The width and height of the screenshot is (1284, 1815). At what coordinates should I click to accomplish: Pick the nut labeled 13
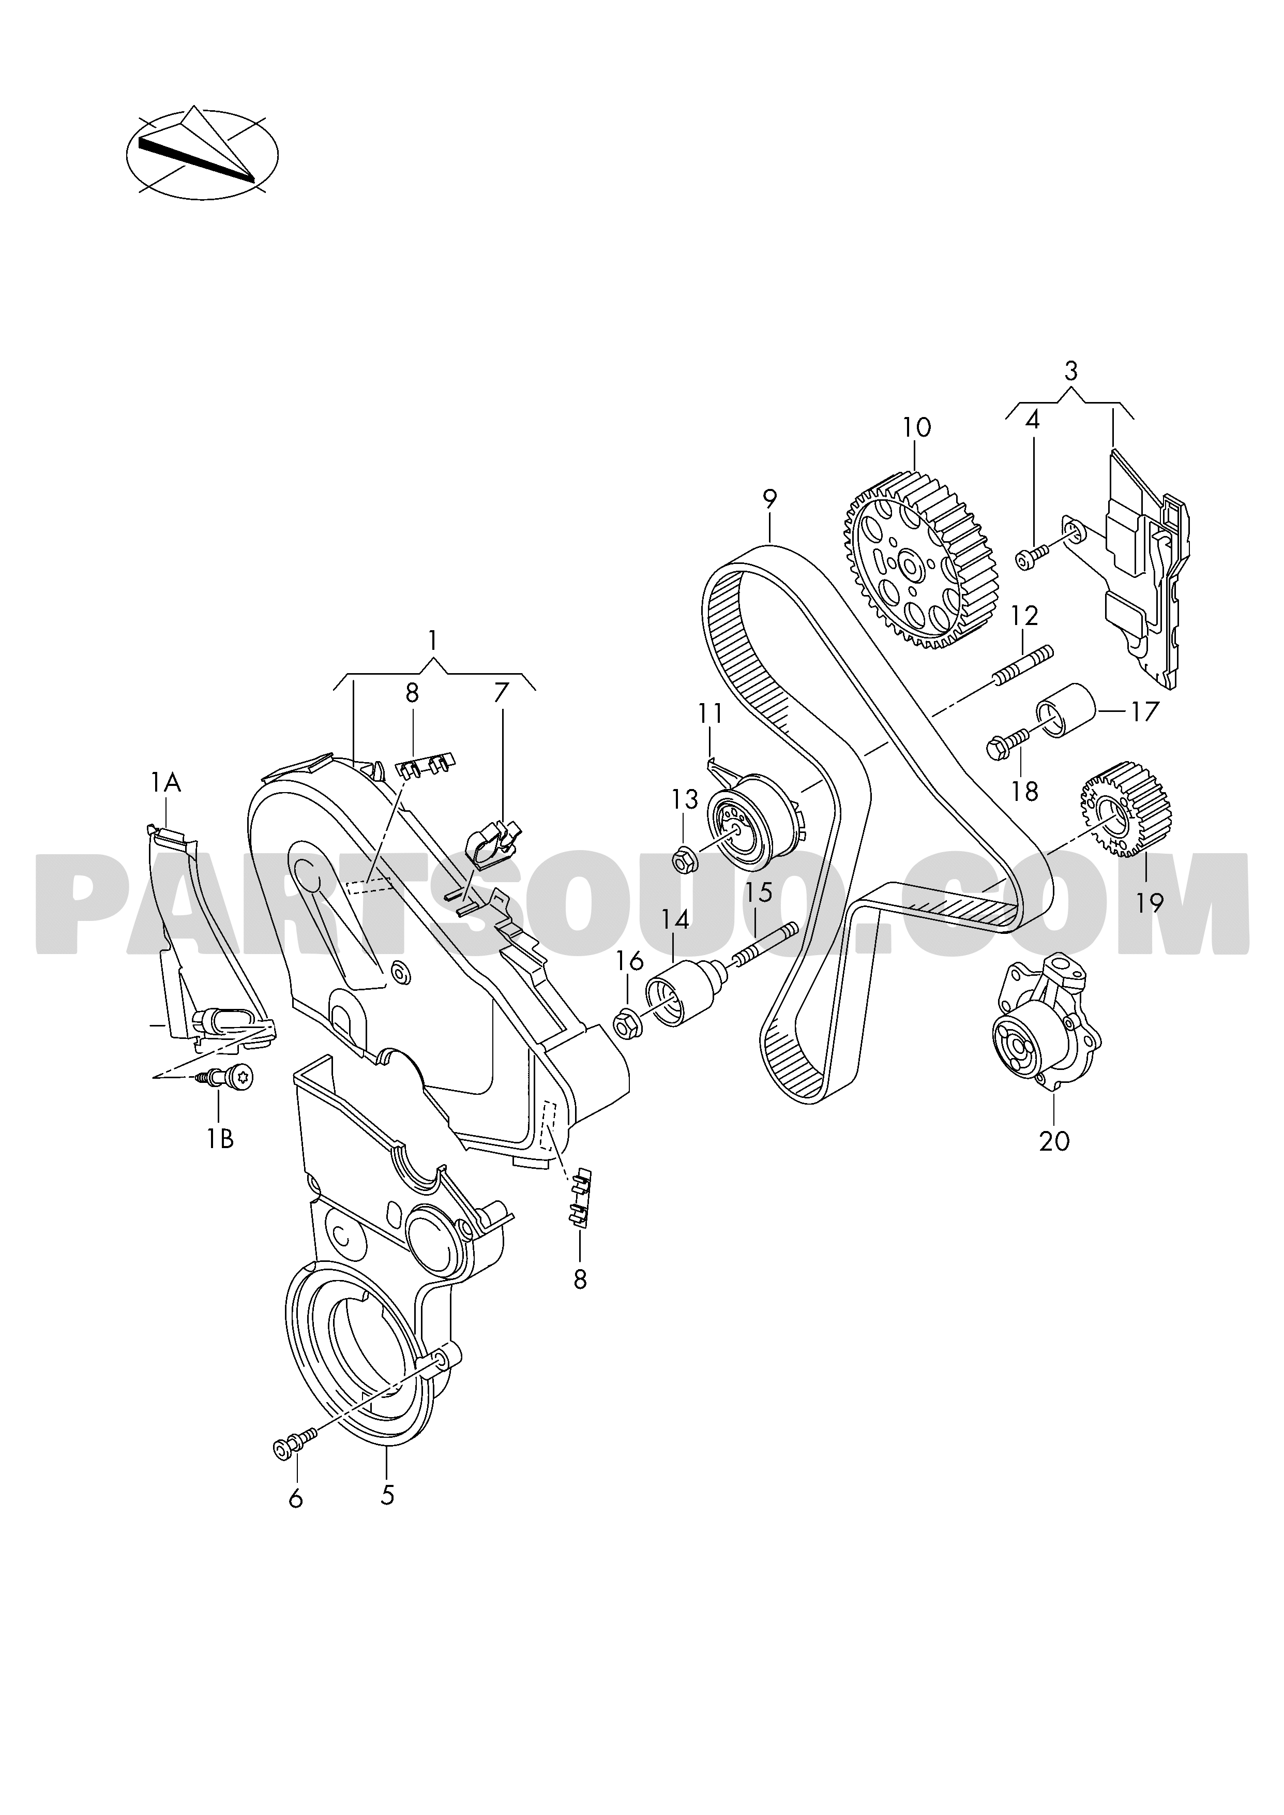pyautogui.click(x=684, y=857)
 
